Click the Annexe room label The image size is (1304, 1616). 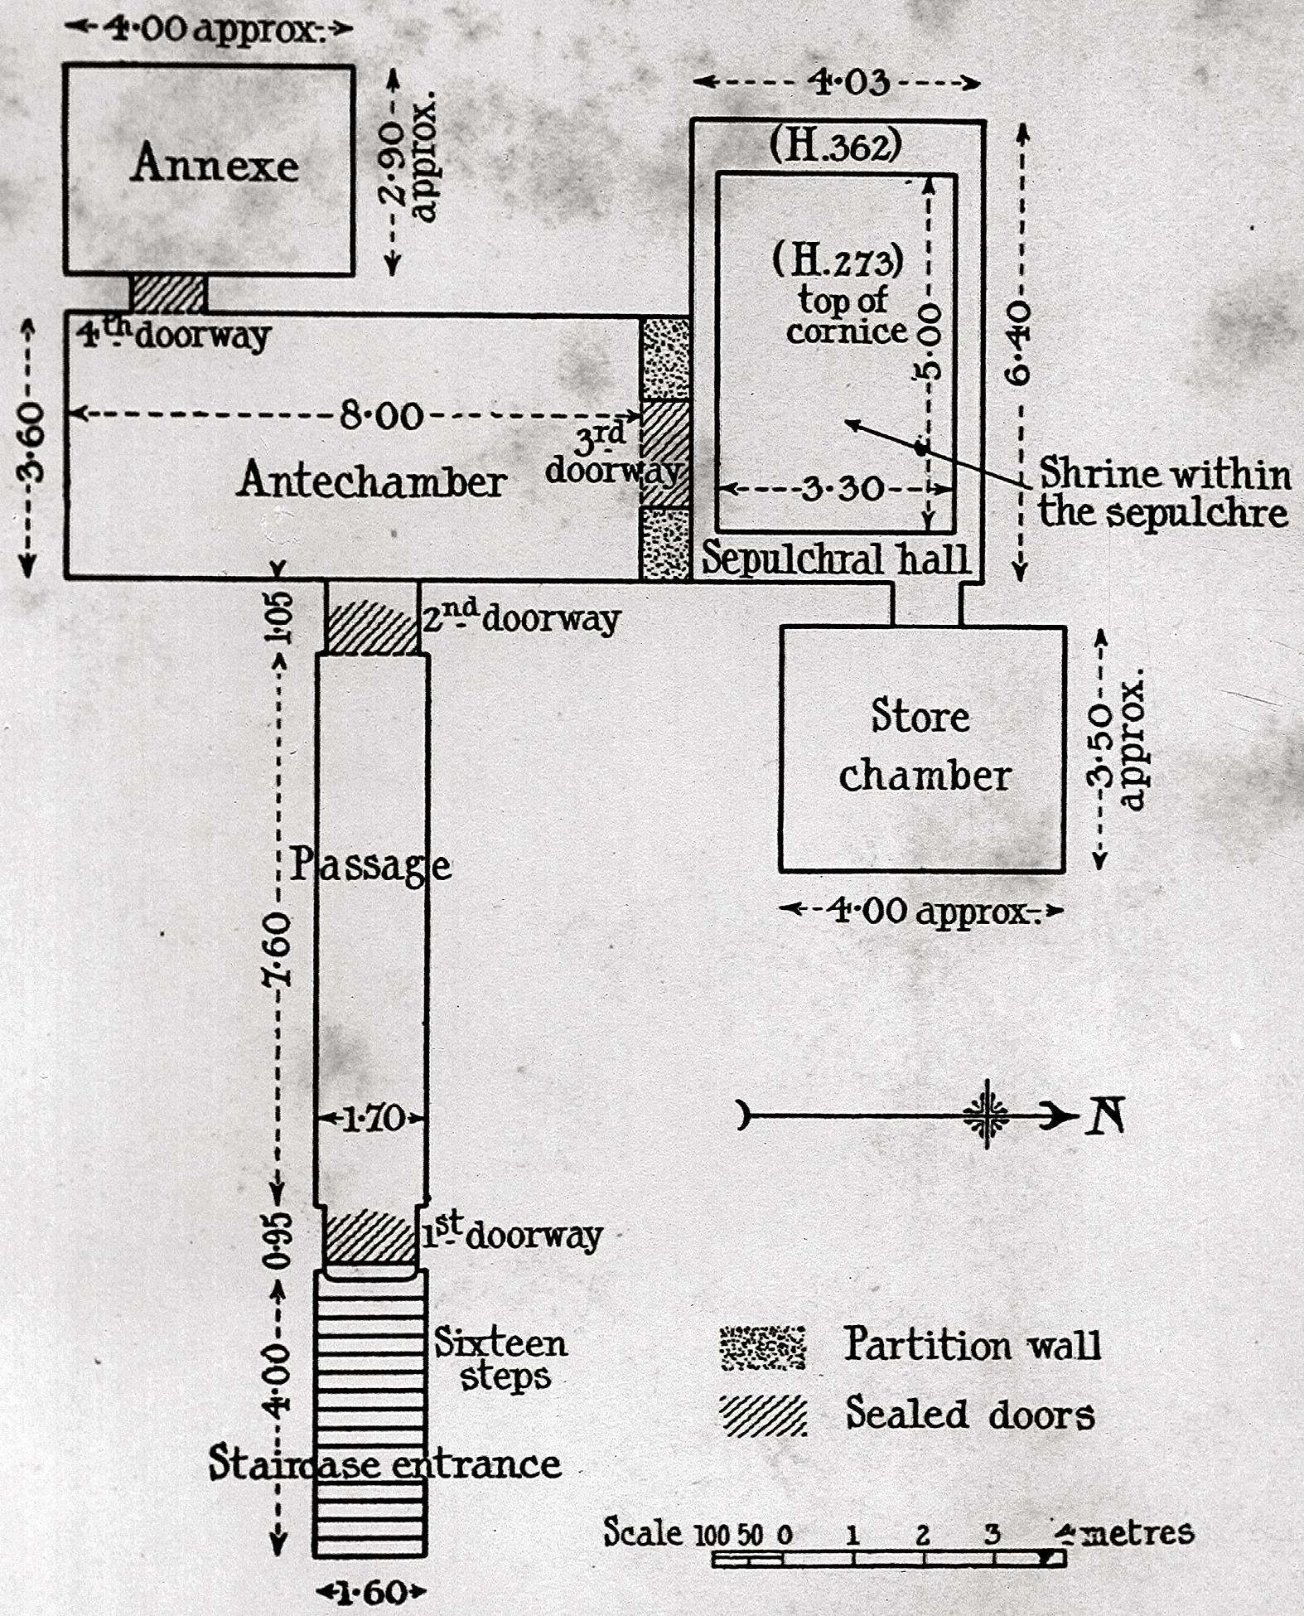tap(215, 162)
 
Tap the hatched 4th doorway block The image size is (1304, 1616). tap(168, 293)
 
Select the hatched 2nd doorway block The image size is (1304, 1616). tap(372, 627)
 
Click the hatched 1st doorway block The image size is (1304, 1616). tap(369, 1236)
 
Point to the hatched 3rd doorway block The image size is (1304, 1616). tap(666, 452)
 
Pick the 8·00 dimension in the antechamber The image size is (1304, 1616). tap(382, 414)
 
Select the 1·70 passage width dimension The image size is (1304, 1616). tap(372, 1119)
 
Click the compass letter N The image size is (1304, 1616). tap(1105, 1115)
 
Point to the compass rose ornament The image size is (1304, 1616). tap(986, 1115)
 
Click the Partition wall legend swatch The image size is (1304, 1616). tap(762, 1347)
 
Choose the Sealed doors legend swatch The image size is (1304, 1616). tap(762, 1415)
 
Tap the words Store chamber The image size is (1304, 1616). tap(923, 746)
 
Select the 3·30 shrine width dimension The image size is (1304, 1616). tap(843, 488)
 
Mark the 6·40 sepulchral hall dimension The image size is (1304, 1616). tap(1020, 342)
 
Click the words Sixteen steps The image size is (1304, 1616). tap(501, 1359)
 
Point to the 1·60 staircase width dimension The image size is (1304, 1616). tap(371, 1592)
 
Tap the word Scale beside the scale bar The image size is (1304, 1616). tap(643, 1532)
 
